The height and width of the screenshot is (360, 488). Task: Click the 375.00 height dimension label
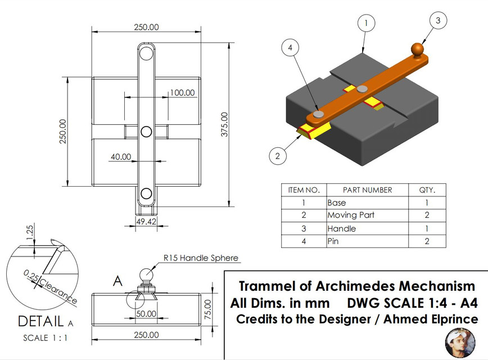pyautogui.click(x=225, y=124)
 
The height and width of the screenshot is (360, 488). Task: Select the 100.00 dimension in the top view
pyautogui.click(x=183, y=93)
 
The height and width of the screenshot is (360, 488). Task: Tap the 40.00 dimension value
pyautogui.click(x=121, y=157)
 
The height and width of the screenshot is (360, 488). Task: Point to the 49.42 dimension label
pyautogui.click(x=147, y=222)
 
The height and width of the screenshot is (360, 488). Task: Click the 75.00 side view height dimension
pyautogui.click(x=207, y=308)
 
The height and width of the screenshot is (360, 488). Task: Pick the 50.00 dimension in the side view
pyautogui.click(x=146, y=314)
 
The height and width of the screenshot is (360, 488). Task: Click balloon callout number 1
pyautogui.click(x=366, y=23)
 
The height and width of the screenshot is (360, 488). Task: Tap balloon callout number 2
pyautogui.click(x=276, y=156)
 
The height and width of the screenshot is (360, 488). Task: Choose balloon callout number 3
pyautogui.click(x=439, y=21)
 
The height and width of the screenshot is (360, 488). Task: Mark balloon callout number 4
pyautogui.click(x=290, y=48)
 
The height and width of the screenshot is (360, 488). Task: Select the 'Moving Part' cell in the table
pyautogui.click(x=351, y=215)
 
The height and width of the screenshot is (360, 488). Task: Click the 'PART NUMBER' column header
pyautogui.click(x=367, y=190)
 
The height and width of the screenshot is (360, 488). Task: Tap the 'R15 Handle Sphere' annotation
pyautogui.click(x=201, y=258)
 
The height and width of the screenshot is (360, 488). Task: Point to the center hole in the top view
pyautogui.click(x=146, y=132)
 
